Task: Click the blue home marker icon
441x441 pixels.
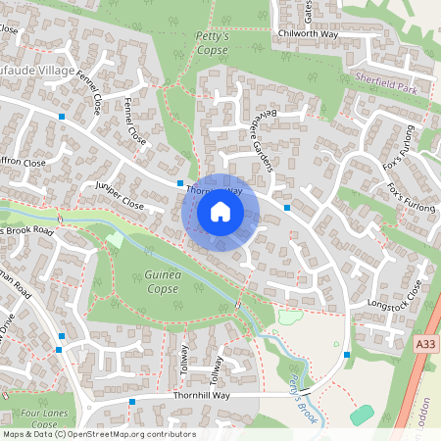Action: (x=220, y=212)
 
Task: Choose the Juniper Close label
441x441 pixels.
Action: (x=119, y=196)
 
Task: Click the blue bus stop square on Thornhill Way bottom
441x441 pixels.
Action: (x=132, y=402)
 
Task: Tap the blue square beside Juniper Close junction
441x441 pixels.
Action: (x=180, y=183)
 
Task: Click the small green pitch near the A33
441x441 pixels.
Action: (x=362, y=415)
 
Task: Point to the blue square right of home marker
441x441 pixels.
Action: (x=287, y=208)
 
